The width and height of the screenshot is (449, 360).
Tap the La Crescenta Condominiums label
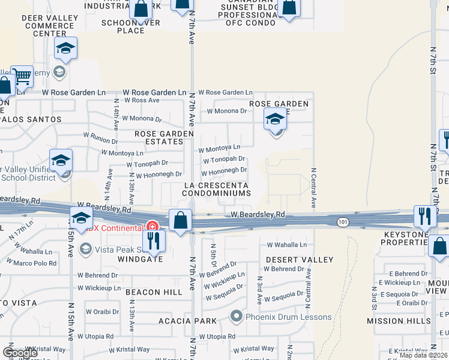tap(217, 189)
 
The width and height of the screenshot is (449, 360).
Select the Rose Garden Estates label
tap(158, 137)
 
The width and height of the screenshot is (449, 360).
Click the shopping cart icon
tap(22, 77)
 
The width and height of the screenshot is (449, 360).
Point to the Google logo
tap(20, 353)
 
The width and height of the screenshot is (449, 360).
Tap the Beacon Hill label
tap(154, 292)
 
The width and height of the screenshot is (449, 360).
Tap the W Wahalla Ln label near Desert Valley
tap(287, 245)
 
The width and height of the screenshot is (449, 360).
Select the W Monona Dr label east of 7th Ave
tap(227, 111)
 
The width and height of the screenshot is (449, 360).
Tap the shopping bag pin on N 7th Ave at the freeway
tap(180, 220)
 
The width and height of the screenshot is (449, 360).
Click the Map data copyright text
tap(424, 355)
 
